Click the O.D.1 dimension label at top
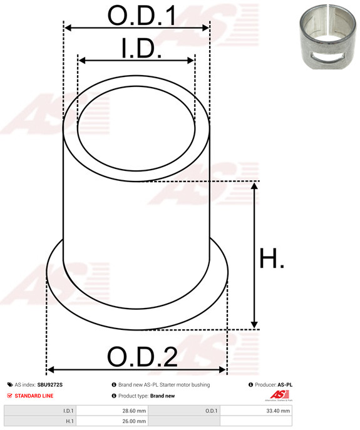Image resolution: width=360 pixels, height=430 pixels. (141, 16)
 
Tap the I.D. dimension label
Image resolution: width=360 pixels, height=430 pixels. (141, 49)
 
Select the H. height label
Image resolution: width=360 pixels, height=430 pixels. (272, 258)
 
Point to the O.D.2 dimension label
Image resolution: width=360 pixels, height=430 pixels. (142, 357)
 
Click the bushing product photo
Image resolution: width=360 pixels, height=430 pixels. (327, 36)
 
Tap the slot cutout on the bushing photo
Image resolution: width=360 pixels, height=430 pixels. (327, 56)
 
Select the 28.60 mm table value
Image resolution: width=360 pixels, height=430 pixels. (134, 411)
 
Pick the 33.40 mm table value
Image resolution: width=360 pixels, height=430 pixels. (278, 411)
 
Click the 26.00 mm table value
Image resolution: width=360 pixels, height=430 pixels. (134, 421)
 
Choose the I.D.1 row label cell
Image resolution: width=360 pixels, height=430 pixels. (40, 411)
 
